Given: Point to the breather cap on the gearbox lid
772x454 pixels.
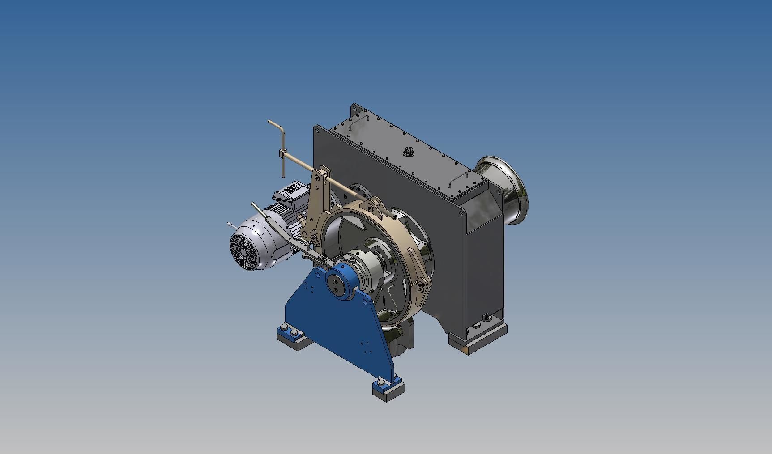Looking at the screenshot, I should pyautogui.click(x=408, y=152).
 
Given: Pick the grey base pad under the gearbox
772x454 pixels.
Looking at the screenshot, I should pyautogui.click(x=478, y=344).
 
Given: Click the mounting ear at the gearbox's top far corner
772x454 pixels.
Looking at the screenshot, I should pyautogui.click(x=356, y=109).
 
